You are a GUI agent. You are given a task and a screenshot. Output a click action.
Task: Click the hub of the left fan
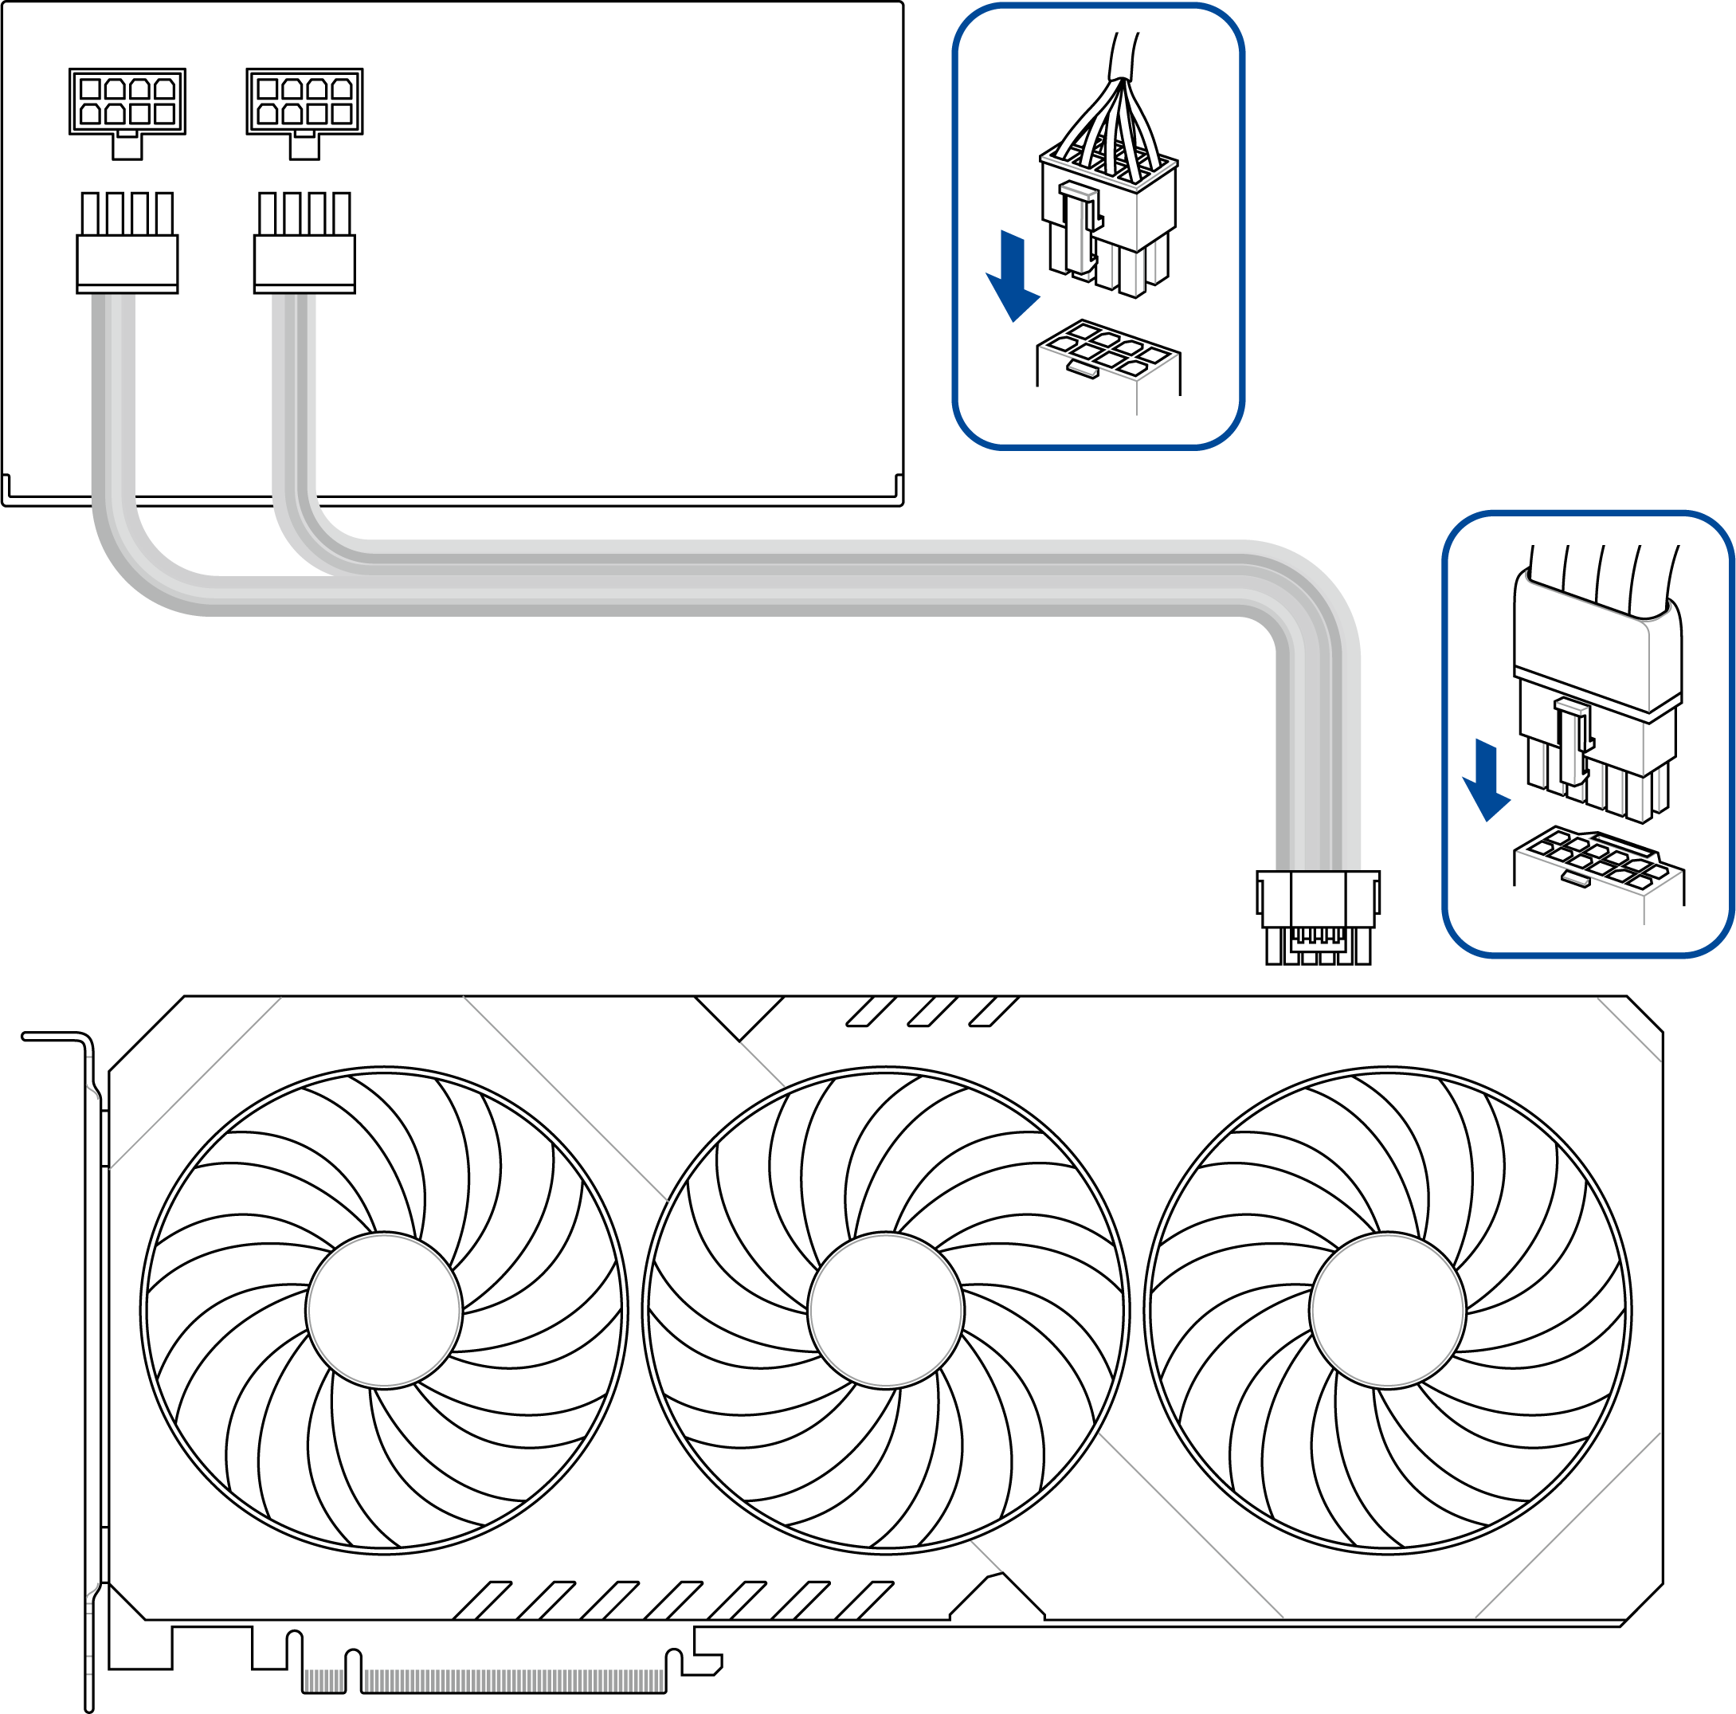click(x=384, y=1312)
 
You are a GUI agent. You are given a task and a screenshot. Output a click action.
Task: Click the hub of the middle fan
click(x=885, y=1312)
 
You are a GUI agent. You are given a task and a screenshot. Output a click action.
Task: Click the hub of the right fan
click(x=1387, y=1312)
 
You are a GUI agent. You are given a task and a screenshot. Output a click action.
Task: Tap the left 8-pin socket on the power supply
click(x=127, y=100)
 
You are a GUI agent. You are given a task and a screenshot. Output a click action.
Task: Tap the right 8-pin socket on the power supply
click(x=304, y=100)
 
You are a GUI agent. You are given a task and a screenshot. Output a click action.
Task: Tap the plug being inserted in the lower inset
click(x=1596, y=719)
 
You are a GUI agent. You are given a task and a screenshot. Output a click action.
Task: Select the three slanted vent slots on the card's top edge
click(x=932, y=1011)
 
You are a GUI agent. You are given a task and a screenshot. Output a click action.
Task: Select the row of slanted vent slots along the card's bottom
click(x=674, y=1600)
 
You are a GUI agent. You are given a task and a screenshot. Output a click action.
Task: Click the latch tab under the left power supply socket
click(x=127, y=146)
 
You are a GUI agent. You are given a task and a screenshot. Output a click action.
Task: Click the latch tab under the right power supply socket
click(x=304, y=146)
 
